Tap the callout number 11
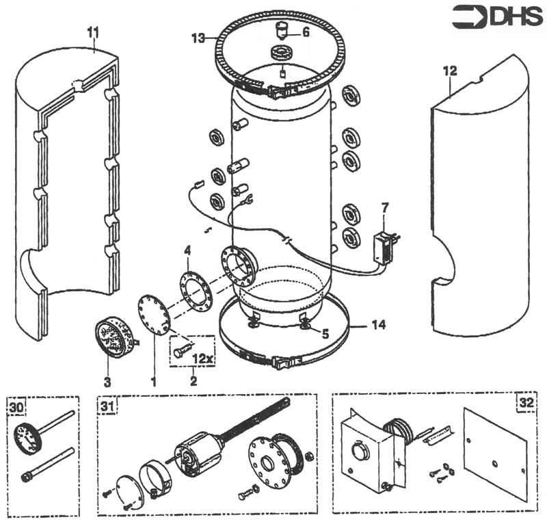point(94,31)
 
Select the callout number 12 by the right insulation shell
point(449,70)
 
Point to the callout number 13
point(198,38)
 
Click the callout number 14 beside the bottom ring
point(378,325)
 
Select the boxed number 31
point(107,405)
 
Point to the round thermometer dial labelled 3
point(109,336)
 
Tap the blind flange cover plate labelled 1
point(154,315)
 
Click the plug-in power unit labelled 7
point(384,245)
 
